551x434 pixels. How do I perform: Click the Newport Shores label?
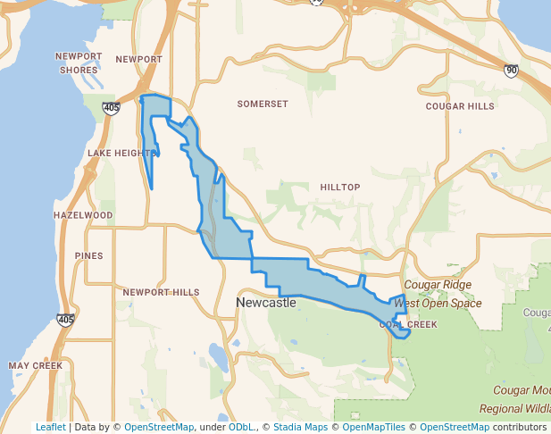click(79, 63)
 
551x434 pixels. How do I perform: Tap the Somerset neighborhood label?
click(263, 104)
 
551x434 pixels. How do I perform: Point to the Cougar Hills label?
click(459, 106)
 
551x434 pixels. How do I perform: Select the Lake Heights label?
click(121, 154)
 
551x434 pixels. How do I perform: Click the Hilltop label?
click(339, 188)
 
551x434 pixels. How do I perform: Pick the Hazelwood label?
click(83, 216)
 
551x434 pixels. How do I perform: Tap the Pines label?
click(89, 256)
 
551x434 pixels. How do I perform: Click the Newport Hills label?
click(161, 293)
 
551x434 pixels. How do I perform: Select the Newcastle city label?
click(266, 304)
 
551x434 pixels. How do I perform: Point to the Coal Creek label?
click(408, 325)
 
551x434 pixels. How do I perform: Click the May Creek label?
click(35, 366)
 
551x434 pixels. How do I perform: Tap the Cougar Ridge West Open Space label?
click(438, 294)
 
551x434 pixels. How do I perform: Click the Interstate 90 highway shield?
click(511, 71)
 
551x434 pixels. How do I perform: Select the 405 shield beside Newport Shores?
click(111, 108)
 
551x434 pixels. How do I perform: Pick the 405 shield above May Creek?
click(65, 320)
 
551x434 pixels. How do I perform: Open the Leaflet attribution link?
click(50, 428)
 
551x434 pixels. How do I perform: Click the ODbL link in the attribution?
click(241, 428)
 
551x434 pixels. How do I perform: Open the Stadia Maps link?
click(299, 428)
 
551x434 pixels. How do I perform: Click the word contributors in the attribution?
click(520, 428)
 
